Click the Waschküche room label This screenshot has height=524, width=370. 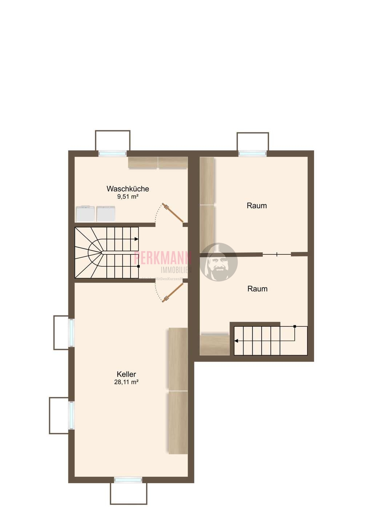pos(128,189)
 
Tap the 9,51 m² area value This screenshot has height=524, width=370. pos(128,197)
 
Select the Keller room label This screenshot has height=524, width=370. pos(126,374)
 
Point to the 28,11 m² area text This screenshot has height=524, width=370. pos(126,382)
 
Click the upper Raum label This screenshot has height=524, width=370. pos(257,206)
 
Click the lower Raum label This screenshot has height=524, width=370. pos(257,289)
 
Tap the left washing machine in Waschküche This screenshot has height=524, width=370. pos(85,214)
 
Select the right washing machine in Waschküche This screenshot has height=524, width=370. pos(106,214)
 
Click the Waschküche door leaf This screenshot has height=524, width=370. pos(173,213)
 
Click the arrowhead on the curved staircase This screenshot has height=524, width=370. pos(136,239)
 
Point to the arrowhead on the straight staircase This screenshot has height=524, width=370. pos(236,341)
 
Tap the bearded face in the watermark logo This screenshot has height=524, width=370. pos(218,262)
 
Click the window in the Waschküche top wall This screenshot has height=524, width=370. pos(113,154)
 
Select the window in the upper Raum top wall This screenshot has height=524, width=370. pos(253,154)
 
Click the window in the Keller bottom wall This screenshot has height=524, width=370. pos(128,480)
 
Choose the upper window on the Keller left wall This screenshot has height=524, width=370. pos(72,333)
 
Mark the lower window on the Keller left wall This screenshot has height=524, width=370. pos(72,415)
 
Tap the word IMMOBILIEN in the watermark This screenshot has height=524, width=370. pos(176,270)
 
